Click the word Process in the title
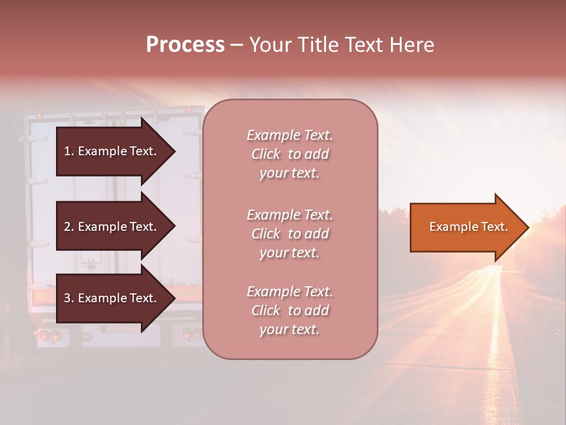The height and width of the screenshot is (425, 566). coord(185,45)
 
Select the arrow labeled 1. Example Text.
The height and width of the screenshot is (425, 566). coord(112,151)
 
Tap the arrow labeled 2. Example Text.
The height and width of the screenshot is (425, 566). coord(112,227)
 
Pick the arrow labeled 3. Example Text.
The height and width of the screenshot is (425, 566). coord(112,298)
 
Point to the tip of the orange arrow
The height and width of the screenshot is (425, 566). coord(526,227)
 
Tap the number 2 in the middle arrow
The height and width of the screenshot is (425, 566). coord(68,227)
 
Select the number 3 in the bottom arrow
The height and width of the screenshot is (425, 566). coord(68,298)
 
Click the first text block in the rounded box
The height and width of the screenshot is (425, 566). coord(289,154)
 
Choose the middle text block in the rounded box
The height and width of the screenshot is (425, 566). coord(289,234)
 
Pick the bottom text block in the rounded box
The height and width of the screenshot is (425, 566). coord(289,310)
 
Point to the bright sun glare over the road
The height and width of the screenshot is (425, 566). coord(519,248)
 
